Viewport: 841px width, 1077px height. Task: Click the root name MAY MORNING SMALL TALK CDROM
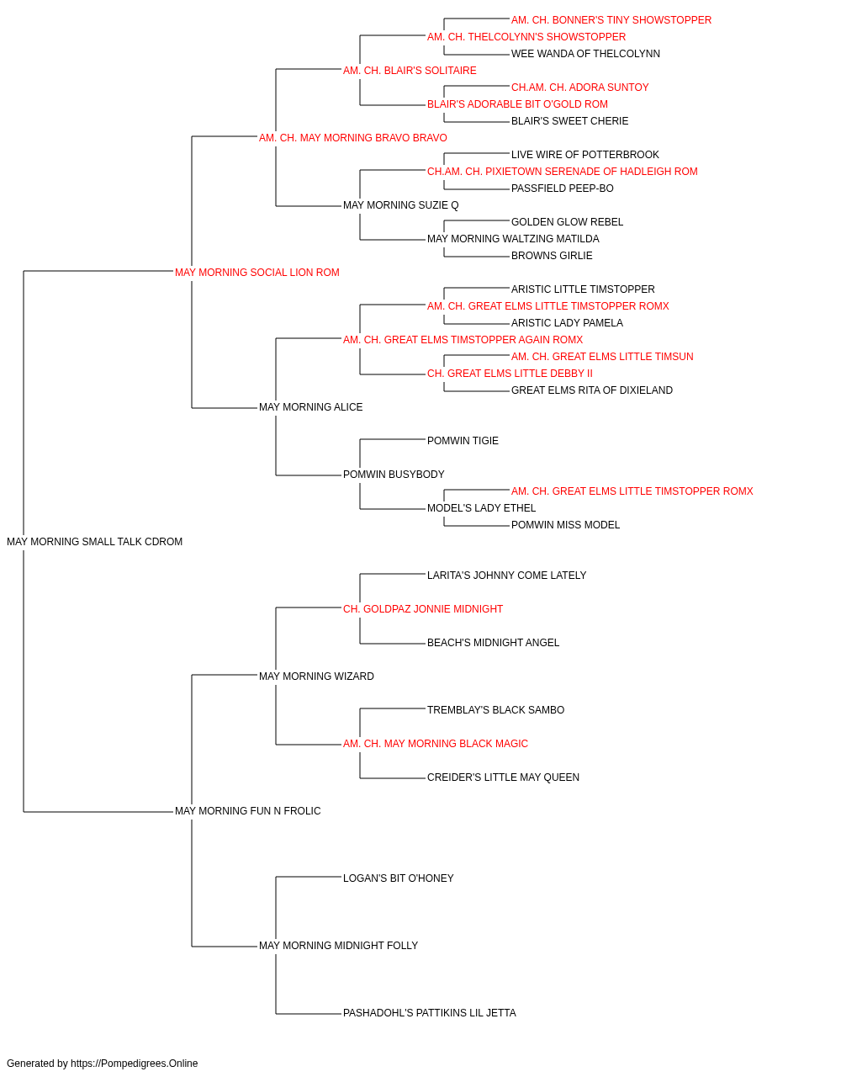pos(94,542)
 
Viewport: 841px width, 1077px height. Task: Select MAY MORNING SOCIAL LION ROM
pos(257,273)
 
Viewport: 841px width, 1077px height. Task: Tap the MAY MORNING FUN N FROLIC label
pos(247,811)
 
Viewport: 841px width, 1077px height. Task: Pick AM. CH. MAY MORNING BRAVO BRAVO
pos(353,138)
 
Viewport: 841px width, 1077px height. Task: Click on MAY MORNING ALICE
pos(311,407)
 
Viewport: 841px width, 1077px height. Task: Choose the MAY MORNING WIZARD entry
pos(316,676)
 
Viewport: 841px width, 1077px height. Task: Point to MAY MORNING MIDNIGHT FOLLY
pos(339,945)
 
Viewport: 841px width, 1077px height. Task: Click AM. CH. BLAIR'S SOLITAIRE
pos(410,71)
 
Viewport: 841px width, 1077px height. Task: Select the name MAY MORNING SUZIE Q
pos(401,205)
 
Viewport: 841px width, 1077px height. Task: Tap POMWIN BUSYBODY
pos(394,475)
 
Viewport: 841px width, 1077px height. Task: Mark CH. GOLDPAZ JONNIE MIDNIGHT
pos(423,608)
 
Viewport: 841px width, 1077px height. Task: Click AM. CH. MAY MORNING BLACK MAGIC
pos(436,744)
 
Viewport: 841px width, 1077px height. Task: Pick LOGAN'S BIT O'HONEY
pos(399,878)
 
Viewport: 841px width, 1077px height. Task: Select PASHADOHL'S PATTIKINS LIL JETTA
pos(430,1012)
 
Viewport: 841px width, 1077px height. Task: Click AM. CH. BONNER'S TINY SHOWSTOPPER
pos(611,20)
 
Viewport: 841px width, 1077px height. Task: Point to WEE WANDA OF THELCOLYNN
pos(585,54)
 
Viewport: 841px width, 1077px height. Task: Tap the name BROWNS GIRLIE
pos(552,256)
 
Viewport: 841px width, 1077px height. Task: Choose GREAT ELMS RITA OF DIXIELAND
pos(592,390)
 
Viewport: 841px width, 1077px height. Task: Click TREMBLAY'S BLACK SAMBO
pos(496,710)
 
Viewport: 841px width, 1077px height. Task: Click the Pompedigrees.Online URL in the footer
pos(135,1064)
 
